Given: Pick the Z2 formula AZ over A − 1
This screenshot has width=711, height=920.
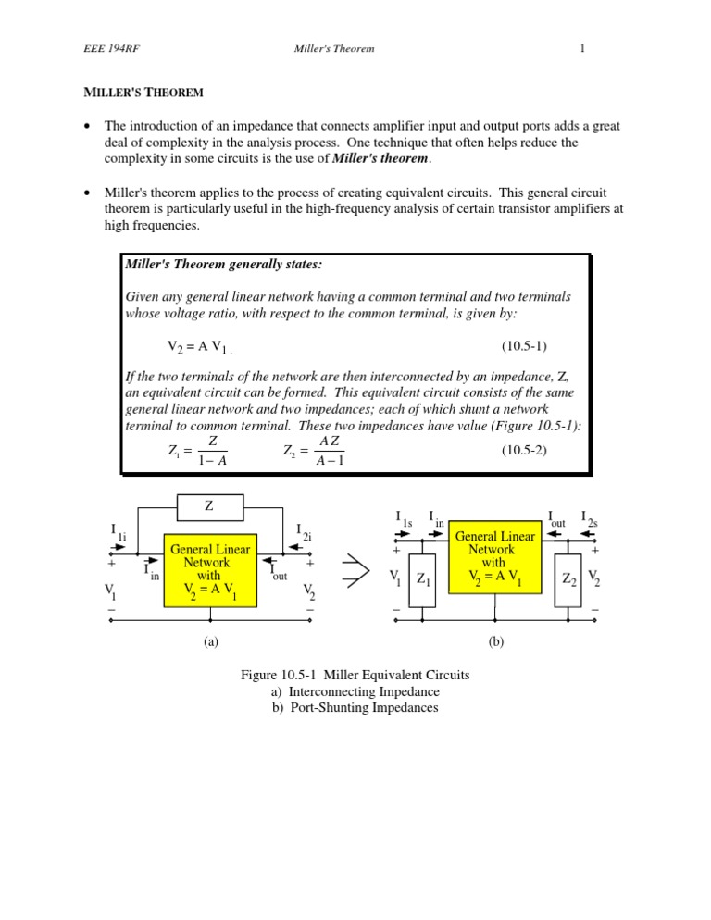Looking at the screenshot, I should [x=315, y=451].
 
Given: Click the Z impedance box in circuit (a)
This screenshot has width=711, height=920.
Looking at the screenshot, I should [x=209, y=507].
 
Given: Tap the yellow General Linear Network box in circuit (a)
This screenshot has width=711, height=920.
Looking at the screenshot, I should [x=208, y=569].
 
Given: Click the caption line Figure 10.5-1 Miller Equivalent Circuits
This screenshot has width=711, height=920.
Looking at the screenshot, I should [x=355, y=675].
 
